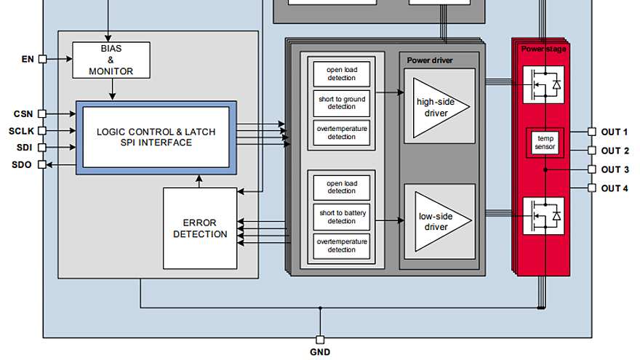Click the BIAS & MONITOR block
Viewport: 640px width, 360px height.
point(111,60)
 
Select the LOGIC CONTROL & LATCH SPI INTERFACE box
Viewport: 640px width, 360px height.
point(156,137)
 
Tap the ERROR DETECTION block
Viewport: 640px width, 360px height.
point(200,228)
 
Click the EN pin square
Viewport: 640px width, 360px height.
point(42,59)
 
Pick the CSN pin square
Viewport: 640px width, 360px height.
point(42,113)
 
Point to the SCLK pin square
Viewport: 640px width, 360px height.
point(42,131)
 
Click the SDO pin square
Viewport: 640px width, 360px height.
point(42,164)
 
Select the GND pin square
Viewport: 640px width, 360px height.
point(321,340)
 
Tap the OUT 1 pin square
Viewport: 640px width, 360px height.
point(592,132)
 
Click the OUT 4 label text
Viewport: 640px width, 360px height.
point(615,188)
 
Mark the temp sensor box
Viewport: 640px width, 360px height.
point(545,143)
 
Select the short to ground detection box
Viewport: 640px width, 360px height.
point(342,103)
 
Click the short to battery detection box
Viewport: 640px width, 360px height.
point(342,217)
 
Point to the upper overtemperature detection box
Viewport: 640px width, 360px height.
point(342,132)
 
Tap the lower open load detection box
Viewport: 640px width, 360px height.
point(342,188)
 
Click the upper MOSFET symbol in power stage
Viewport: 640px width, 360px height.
point(544,85)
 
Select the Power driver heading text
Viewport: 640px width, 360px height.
point(430,60)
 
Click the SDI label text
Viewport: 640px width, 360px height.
point(25,148)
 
